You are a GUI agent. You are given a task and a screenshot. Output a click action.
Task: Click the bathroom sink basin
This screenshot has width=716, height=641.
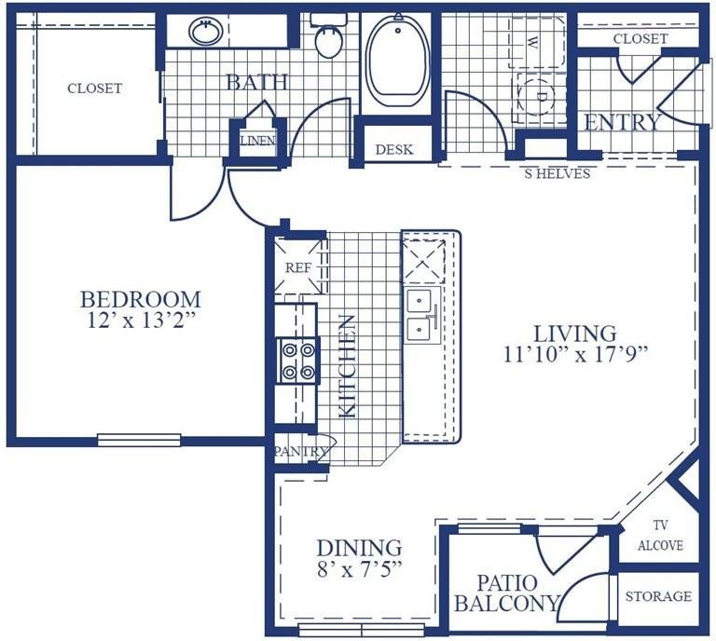pyautogui.click(x=205, y=32)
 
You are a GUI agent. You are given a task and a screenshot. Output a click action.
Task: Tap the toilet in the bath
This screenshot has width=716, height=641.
pyautogui.click(x=329, y=35)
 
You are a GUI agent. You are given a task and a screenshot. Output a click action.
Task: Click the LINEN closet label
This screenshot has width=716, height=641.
pyautogui.click(x=258, y=141)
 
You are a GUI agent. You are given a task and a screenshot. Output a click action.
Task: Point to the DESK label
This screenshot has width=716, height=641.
pyautogui.click(x=394, y=150)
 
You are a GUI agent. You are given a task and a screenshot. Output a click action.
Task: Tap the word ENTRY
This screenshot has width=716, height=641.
pyautogui.click(x=623, y=122)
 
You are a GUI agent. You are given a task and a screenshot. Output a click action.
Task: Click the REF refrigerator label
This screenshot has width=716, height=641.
pyautogui.click(x=298, y=267)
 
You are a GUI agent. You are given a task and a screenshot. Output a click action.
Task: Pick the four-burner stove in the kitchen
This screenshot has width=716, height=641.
pyautogui.click(x=298, y=361)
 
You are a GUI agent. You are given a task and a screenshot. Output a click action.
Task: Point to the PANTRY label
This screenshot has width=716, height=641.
pyautogui.click(x=301, y=452)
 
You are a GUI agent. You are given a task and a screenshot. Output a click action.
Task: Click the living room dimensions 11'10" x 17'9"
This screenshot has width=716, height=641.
pyautogui.click(x=576, y=354)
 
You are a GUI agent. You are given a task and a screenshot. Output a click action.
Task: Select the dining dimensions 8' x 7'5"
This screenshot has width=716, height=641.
pyautogui.click(x=359, y=569)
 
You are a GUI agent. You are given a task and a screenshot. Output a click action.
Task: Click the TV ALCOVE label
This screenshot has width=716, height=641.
pyautogui.click(x=660, y=535)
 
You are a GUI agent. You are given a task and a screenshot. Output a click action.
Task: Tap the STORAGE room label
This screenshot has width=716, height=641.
pyautogui.click(x=658, y=596)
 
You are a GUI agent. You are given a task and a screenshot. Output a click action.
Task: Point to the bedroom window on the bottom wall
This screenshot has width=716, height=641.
pyautogui.click(x=139, y=440)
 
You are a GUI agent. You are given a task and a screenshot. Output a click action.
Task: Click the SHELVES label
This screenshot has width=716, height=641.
pyautogui.click(x=558, y=173)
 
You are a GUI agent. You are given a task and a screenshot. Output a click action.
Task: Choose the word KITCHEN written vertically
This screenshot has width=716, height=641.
pyautogui.click(x=347, y=365)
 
